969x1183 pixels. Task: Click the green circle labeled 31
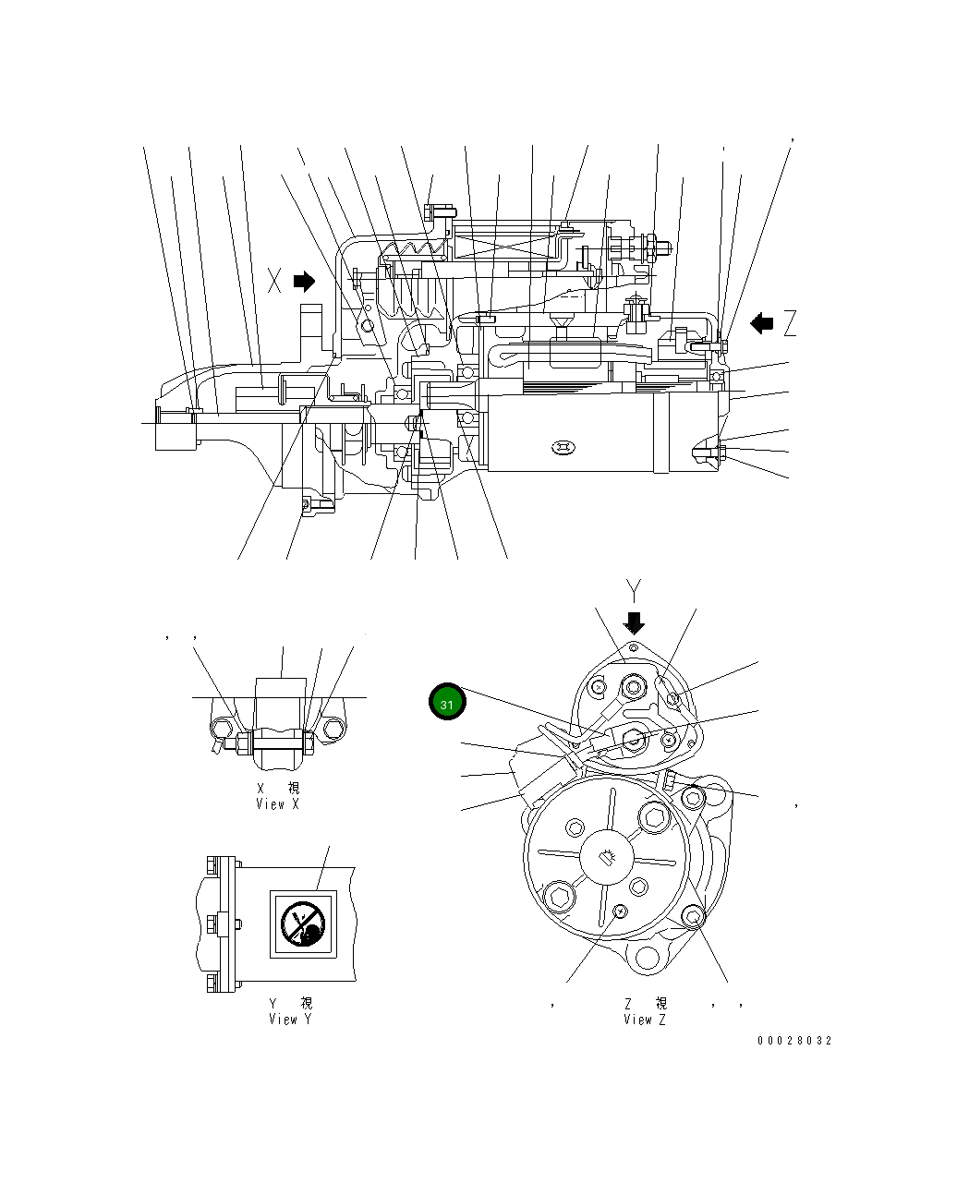click(447, 703)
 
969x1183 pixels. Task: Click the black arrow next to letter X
click(304, 281)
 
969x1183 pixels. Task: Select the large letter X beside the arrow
click(274, 281)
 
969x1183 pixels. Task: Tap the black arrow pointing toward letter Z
click(761, 323)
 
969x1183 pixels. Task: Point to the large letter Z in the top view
click(789, 323)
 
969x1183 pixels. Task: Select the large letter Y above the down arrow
click(634, 589)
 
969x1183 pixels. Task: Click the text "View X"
click(277, 804)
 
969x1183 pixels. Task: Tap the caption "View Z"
click(644, 1020)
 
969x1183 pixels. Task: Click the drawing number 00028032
click(794, 1041)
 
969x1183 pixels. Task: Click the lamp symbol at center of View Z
click(607, 858)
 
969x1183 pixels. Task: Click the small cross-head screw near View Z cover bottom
click(620, 912)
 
